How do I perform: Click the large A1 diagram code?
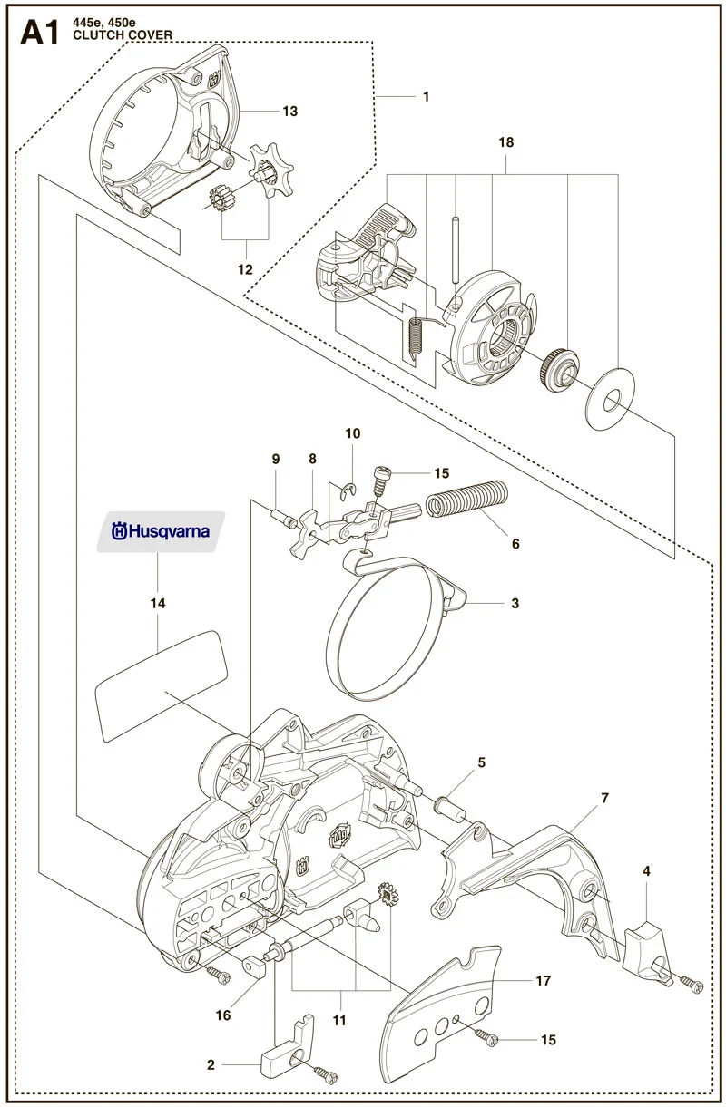pyautogui.click(x=39, y=34)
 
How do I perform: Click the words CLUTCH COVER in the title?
pyautogui.click(x=123, y=35)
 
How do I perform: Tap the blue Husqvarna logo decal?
pyautogui.click(x=161, y=531)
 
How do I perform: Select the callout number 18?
pyautogui.click(x=505, y=142)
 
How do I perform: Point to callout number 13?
pyautogui.click(x=290, y=112)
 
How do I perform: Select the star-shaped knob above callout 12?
pyautogui.click(x=270, y=170)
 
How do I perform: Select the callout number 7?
pyautogui.click(x=604, y=798)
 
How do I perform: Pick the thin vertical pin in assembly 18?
pyautogui.click(x=455, y=256)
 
